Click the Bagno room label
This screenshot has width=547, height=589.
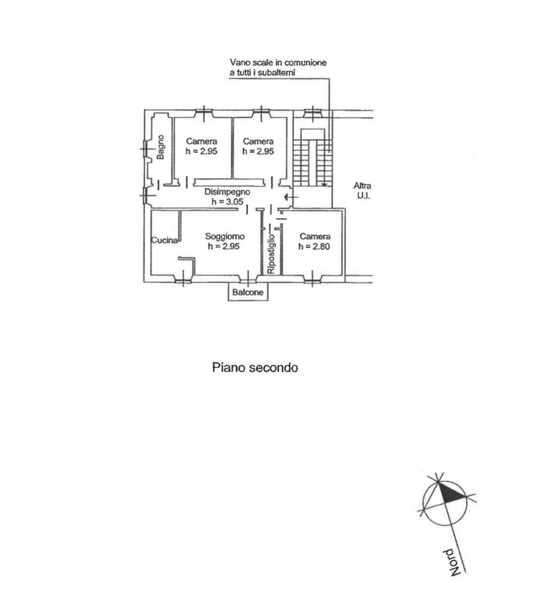coord(160,147)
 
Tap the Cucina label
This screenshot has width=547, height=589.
coord(164,241)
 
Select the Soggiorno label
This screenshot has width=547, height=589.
coord(225,236)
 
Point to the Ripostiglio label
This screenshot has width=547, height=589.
coord(271,254)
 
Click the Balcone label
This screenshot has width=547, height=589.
coord(248,292)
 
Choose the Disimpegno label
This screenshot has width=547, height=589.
coord(227,192)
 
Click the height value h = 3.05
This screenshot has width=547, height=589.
coord(228,202)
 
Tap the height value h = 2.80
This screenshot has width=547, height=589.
coord(314,246)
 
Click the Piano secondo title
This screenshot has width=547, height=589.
coord(255,367)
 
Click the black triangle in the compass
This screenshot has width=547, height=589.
coord(452,492)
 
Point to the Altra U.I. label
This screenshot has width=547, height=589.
coord(362,191)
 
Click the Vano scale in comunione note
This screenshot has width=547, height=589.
coord(278,67)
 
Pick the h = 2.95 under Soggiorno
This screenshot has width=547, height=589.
coord(224,246)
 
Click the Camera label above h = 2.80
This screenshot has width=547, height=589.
coord(315,236)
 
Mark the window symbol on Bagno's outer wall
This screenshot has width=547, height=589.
coord(146,150)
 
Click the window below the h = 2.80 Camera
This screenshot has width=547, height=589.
coord(313,279)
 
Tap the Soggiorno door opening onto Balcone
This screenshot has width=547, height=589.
coord(248,279)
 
